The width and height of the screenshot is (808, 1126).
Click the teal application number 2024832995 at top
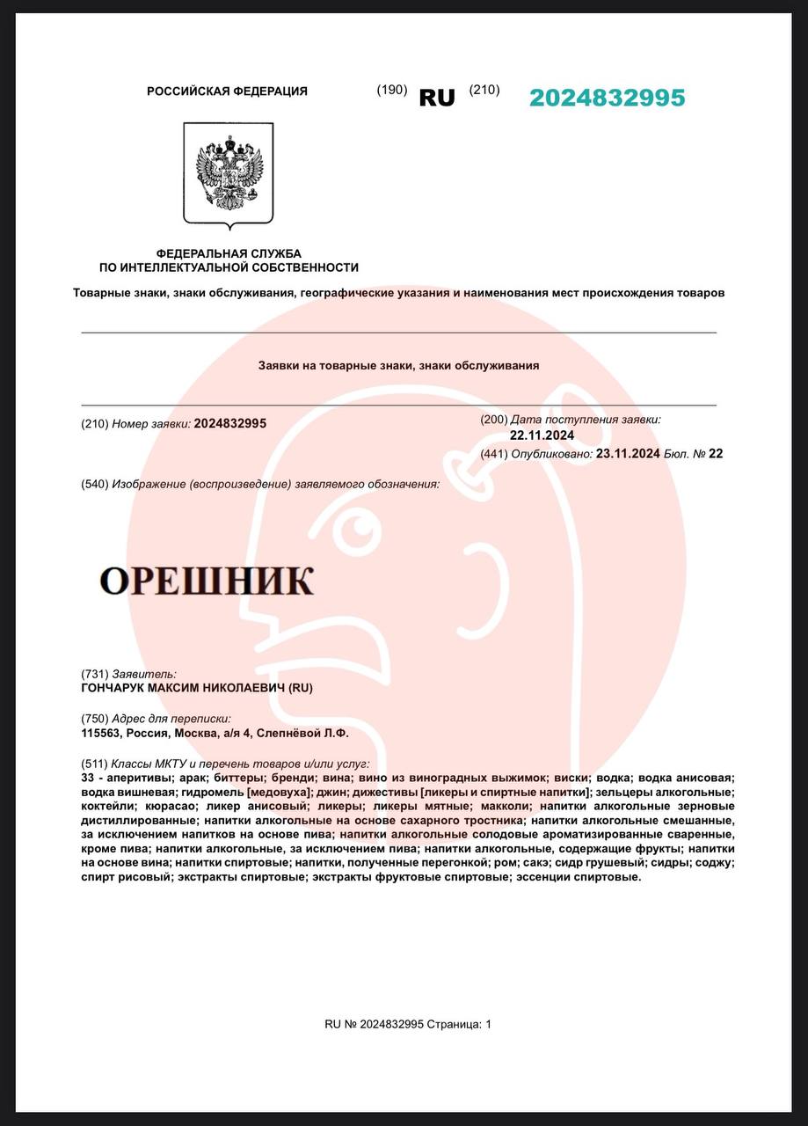(607, 98)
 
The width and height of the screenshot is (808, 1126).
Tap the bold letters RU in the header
(437, 98)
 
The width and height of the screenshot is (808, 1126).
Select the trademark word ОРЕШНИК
(206, 581)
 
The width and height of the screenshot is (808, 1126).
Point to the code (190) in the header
(391, 90)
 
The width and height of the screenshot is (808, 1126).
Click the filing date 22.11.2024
(542, 435)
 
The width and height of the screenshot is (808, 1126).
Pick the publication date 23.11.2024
(628, 454)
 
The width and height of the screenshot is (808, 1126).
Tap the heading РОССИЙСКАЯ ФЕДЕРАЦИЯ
(227, 91)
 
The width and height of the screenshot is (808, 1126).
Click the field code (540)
(94, 484)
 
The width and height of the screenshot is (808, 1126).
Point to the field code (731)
(94, 674)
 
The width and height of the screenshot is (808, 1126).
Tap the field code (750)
(94, 718)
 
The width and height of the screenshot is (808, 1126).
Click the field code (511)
(94, 763)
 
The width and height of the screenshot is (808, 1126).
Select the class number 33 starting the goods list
(87, 778)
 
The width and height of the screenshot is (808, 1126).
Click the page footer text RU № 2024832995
(375, 1024)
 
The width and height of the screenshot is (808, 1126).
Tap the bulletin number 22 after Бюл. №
(716, 454)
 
